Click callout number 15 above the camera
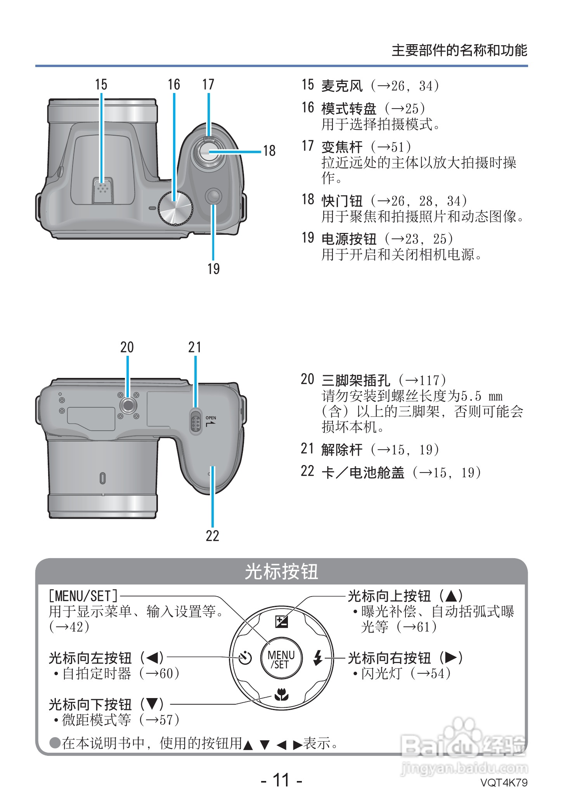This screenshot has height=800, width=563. (101, 84)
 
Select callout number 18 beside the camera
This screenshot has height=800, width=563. (269, 151)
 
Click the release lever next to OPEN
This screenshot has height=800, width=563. (196, 422)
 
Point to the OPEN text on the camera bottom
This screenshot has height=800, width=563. (211, 418)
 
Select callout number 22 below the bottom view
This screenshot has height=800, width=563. (212, 536)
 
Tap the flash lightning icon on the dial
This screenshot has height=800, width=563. (318, 658)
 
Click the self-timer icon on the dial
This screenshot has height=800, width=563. (245, 658)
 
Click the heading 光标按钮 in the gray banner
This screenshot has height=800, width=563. (281, 572)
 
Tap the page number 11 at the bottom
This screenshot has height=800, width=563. (281, 780)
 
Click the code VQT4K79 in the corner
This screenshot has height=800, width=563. (504, 782)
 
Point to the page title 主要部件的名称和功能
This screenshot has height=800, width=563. (459, 50)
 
